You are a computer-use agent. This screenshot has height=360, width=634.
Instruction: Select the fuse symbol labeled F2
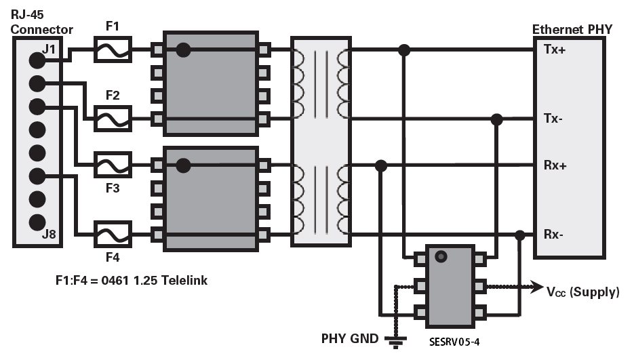pyautogui.click(x=113, y=119)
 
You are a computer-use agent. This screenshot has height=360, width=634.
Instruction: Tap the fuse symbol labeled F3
pyautogui.click(x=112, y=165)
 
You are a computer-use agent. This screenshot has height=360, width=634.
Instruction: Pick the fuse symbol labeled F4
pyautogui.click(x=112, y=235)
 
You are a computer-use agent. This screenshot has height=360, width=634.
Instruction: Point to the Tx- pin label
pyautogui.click(x=553, y=119)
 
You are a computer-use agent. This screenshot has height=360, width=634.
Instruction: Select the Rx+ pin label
pyautogui.click(x=555, y=165)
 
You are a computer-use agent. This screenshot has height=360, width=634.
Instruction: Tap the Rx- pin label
pyautogui.click(x=554, y=235)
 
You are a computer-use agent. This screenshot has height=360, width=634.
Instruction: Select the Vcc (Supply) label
pyautogui.click(x=583, y=292)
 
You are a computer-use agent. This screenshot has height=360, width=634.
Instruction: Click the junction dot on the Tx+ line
pyautogui.click(x=404, y=49)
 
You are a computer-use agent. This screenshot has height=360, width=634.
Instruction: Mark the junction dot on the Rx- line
pyautogui.click(x=520, y=235)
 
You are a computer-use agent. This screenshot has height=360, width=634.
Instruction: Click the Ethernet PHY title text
pyautogui.click(x=572, y=29)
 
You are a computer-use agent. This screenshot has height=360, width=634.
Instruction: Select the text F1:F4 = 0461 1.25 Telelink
pyautogui.click(x=131, y=280)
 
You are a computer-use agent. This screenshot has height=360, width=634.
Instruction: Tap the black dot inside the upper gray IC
pyautogui.click(x=182, y=49)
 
